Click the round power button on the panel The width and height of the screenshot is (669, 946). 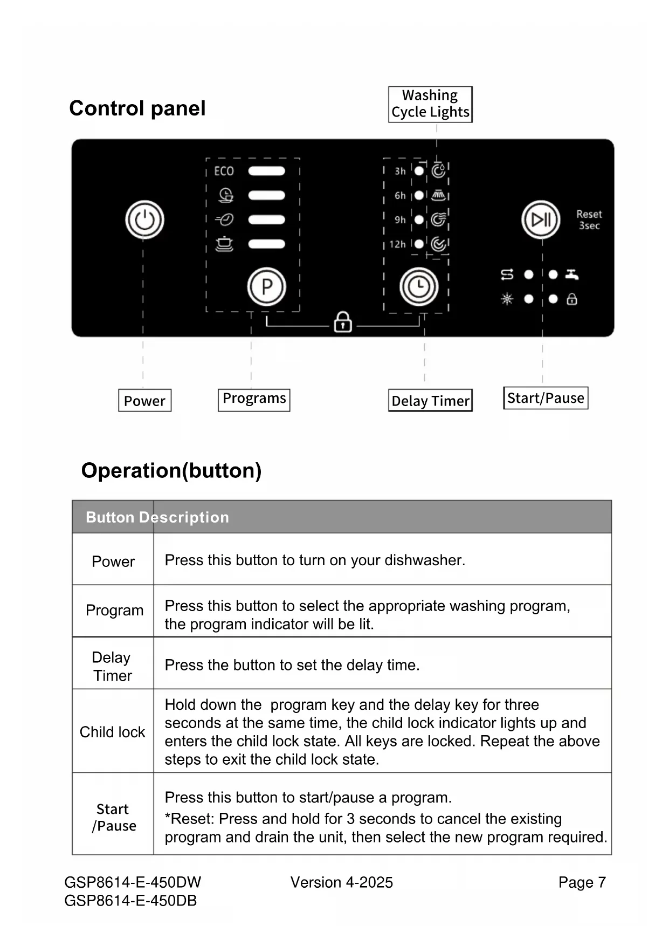[x=144, y=220]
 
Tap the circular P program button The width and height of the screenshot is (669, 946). [x=266, y=286]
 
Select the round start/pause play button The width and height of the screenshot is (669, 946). [x=541, y=220]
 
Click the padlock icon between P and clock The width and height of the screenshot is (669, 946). [x=343, y=322]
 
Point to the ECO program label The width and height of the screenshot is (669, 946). [x=224, y=171]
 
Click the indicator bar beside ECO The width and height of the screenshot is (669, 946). [x=266, y=171]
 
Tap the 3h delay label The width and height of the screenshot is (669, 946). [x=400, y=171]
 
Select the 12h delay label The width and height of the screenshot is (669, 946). [x=398, y=244]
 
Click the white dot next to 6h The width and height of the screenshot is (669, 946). [x=419, y=195]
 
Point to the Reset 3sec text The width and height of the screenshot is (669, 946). [x=589, y=220]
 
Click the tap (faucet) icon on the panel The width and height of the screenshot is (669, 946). [x=572, y=275]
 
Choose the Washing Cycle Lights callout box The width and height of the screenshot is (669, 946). [x=430, y=104]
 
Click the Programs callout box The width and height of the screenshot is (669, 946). [x=254, y=399]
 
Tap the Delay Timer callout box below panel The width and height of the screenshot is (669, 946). [x=430, y=401]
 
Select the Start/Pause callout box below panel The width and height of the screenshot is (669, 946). [x=546, y=398]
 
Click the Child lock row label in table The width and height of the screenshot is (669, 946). [x=113, y=732]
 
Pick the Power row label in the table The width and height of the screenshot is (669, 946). [x=113, y=561]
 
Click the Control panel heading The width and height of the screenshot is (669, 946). [x=137, y=108]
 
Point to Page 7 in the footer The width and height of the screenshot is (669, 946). [x=582, y=882]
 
